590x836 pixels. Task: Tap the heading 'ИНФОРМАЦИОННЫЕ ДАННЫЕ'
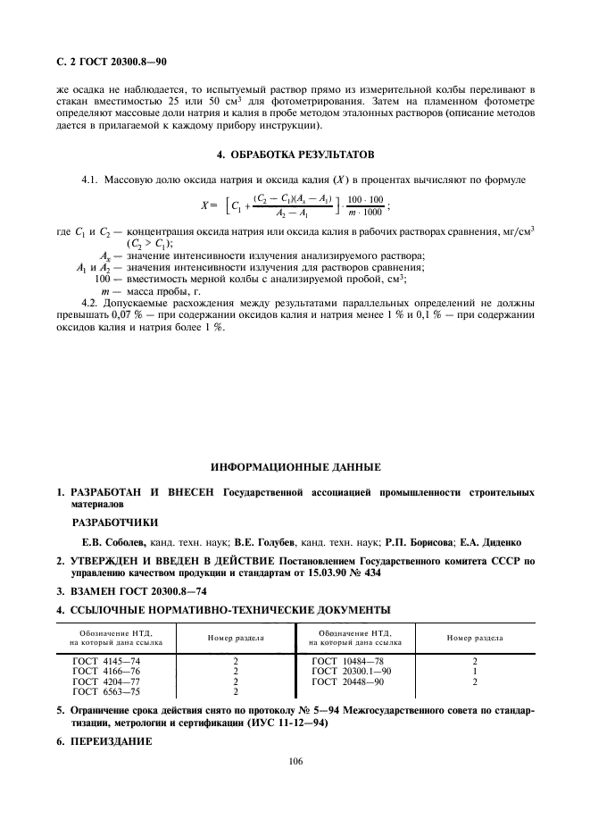click(x=295, y=467)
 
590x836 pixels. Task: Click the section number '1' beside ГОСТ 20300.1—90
click(x=474, y=671)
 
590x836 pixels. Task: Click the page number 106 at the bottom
click(x=295, y=760)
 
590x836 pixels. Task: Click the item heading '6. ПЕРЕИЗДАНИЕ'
click(x=105, y=741)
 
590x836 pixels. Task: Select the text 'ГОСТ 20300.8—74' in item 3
click(x=159, y=592)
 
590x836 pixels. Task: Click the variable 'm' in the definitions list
click(x=106, y=291)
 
